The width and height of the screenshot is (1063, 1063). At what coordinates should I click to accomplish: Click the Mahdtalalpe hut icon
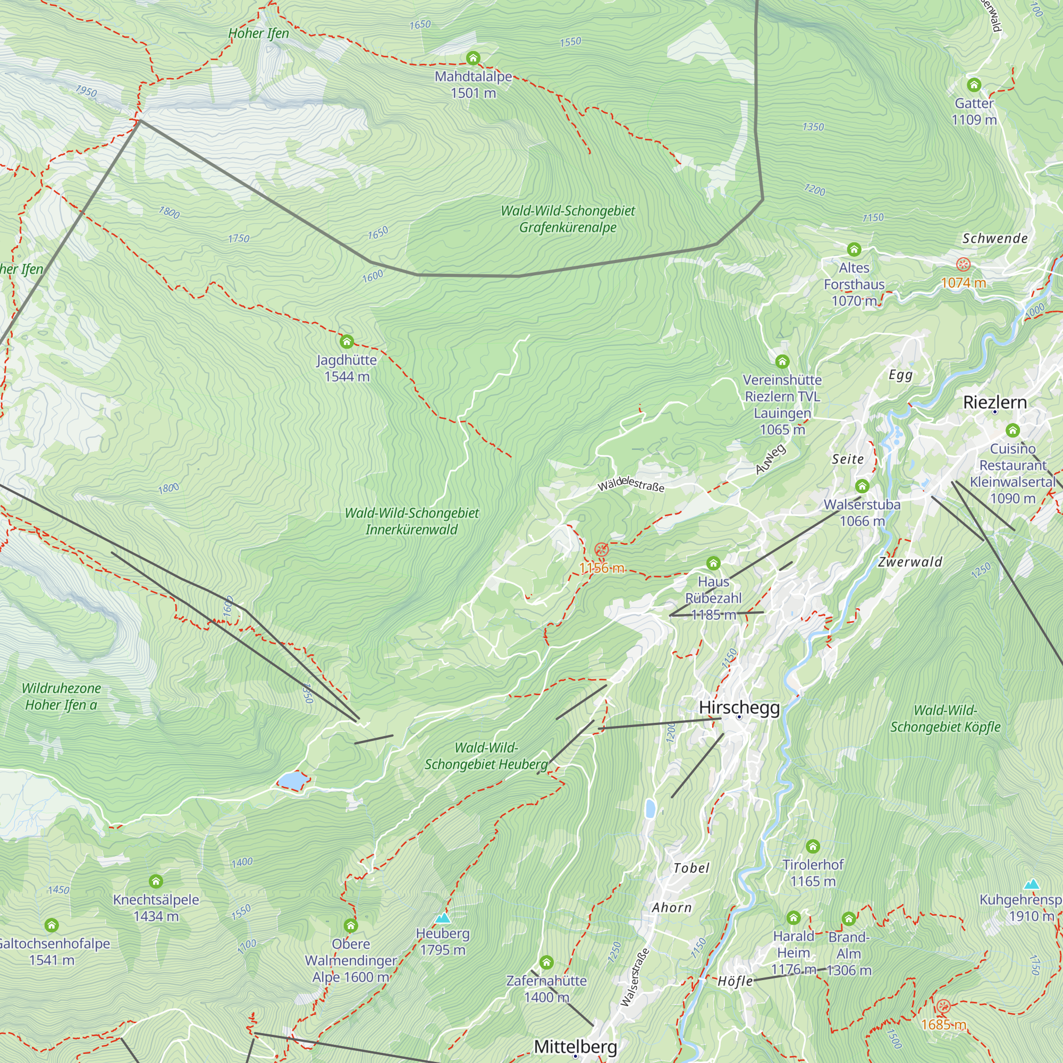[x=473, y=58]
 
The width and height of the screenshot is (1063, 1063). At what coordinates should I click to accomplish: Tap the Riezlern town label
[x=995, y=402]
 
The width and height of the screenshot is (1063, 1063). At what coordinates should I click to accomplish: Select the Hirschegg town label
[x=739, y=707]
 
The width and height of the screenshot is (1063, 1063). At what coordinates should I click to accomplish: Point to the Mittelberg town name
[x=576, y=1046]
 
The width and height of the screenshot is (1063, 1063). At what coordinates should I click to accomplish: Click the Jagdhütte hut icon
[x=346, y=342]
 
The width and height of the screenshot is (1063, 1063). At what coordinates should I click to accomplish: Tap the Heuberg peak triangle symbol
[x=442, y=918]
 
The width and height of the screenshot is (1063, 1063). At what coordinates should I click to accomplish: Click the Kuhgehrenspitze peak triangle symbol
[x=1032, y=885]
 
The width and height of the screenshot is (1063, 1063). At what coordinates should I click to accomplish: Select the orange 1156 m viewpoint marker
[x=601, y=549]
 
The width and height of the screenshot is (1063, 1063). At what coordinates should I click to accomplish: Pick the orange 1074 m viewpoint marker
[x=963, y=264]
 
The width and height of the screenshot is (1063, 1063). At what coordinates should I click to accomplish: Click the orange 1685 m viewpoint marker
[x=943, y=1007]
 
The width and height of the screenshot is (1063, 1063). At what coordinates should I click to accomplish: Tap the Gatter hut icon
[x=974, y=85]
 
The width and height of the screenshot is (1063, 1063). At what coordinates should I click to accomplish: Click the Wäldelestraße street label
[x=631, y=485]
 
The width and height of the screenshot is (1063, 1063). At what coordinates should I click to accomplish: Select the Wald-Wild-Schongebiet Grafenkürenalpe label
[x=568, y=219]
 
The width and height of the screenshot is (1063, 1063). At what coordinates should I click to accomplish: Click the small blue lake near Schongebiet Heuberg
[x=292, y=780]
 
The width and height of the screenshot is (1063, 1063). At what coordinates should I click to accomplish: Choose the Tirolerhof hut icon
[x=813, y=847]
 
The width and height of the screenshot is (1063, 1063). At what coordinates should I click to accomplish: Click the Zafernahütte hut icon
[x=546, y=963]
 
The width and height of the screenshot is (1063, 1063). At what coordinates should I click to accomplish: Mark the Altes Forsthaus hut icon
[x=854, y=250]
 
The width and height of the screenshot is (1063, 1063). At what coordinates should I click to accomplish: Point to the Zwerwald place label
[x=910, y=562]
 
